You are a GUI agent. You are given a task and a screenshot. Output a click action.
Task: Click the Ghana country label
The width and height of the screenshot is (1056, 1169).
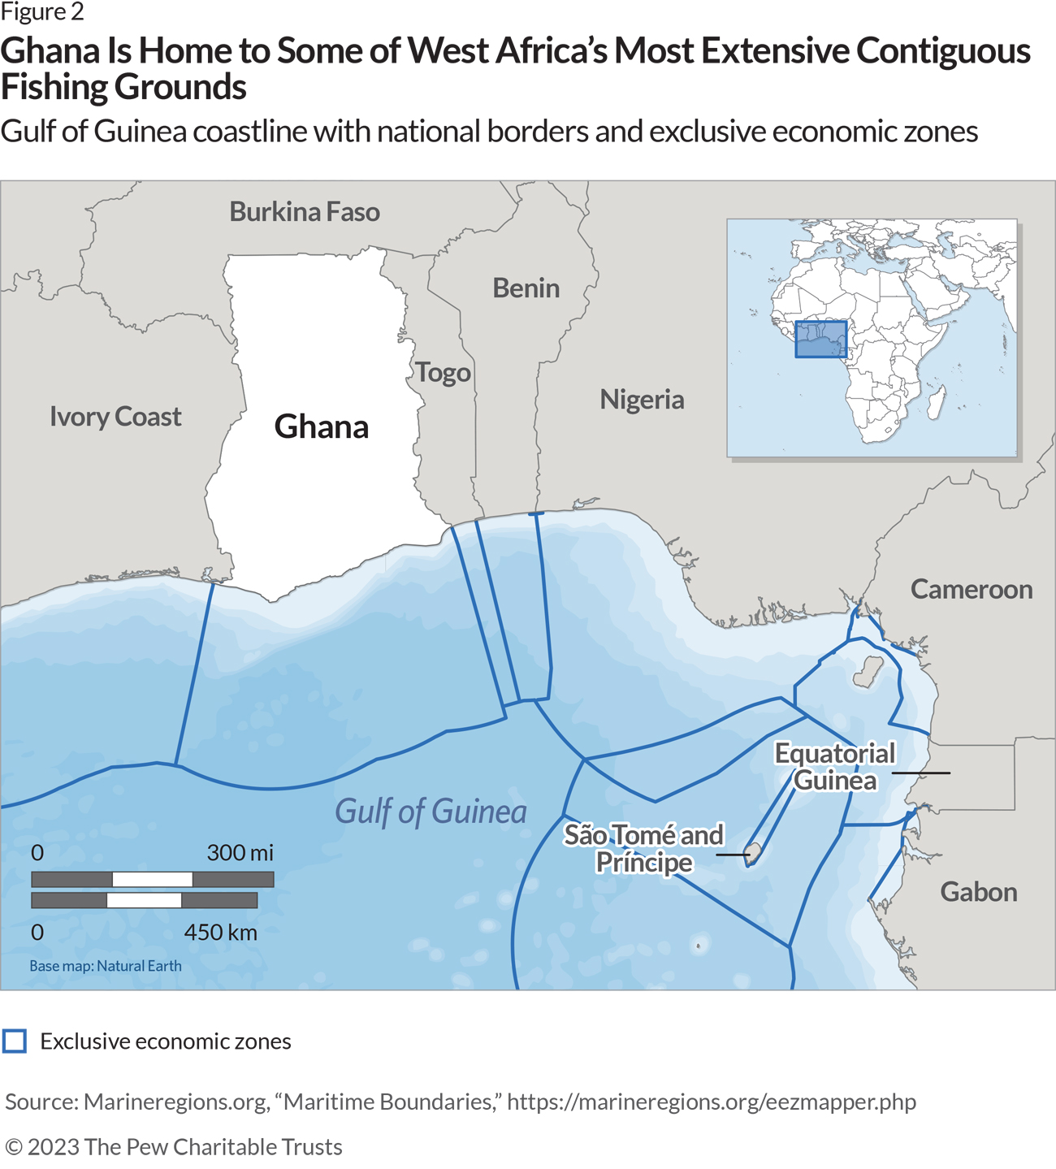pyautogui.click(x=322, y=426)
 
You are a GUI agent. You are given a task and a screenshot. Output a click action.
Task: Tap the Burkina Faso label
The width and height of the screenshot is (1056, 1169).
pyautogui.click(x=305, y=212)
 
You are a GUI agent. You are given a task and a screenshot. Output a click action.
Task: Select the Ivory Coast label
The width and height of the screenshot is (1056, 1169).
pyautogui.click(x=115, y=417)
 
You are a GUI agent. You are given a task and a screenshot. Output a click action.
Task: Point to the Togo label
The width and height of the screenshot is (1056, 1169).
pyautogui.click(x=444, y=373)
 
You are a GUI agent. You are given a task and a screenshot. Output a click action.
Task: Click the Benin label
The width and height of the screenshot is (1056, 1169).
pyautogui.click(x=526, y=288)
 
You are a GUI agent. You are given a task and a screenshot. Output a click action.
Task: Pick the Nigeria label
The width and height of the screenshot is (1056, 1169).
pyautogui.click(x=642, y=400)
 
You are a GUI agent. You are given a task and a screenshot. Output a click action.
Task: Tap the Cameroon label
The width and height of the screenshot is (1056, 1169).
pyautogui.click(x=971, y=590)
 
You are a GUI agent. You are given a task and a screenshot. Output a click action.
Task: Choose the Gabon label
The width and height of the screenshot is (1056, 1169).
pyautogui.click(x=978, y=892)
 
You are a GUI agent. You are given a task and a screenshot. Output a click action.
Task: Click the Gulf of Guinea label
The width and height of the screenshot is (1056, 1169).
pyautogui.click(x=431, y=812)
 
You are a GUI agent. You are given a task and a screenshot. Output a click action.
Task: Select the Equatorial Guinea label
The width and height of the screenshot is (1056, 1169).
pyautogui.click(x=835, y=767)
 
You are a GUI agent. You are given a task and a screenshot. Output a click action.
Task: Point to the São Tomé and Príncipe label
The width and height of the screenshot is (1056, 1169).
pyautogui.click(x=644, y=848)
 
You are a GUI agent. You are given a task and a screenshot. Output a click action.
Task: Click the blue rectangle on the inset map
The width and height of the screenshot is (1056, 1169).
pyautogui.click(x=820, y=340)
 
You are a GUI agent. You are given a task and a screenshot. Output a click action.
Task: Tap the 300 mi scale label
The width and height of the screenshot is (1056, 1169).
pyautogui.click(x=240, y=853)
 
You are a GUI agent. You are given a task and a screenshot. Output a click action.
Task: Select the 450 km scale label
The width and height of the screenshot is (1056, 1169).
pyautogui.click(x=220, y=933)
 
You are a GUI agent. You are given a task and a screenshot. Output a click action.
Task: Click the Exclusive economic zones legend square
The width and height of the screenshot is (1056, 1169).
pyautogui.click(x=15, y=1041)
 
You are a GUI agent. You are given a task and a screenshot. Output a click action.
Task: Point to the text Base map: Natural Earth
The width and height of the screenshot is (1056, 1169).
pyautogui.click(x=106, y=966)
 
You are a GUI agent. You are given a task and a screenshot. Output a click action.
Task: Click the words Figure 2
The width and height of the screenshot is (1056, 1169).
pyautogui.click(x=42, y=12)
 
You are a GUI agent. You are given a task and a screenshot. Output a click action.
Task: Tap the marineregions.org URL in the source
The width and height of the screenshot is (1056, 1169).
pyautogui.click(x=712, y=1102)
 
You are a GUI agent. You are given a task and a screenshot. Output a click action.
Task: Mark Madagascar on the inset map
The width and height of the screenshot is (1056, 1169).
pyautogui.click(x=936, y=402)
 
